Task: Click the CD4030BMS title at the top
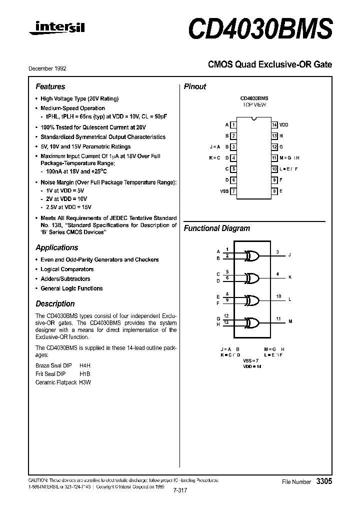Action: tap(259, 29)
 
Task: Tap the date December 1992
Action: tap(50, 68)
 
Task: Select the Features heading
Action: tap(50, 86)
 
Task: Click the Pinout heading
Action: tap(195, 86)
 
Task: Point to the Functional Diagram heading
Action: tap(216, 228)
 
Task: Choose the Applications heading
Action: tap(56, 247)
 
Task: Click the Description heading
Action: tap(55, 303)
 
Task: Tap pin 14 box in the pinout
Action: tap(274, 124)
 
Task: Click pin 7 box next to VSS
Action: tap(233, 191)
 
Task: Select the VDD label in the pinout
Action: tap(283, 124)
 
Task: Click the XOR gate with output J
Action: tap(252, 255)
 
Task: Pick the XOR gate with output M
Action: tap(252, 322)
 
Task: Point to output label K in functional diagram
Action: tap(290, 277)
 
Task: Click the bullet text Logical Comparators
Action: tap(67, 269)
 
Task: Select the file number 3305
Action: tap(323, 481)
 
